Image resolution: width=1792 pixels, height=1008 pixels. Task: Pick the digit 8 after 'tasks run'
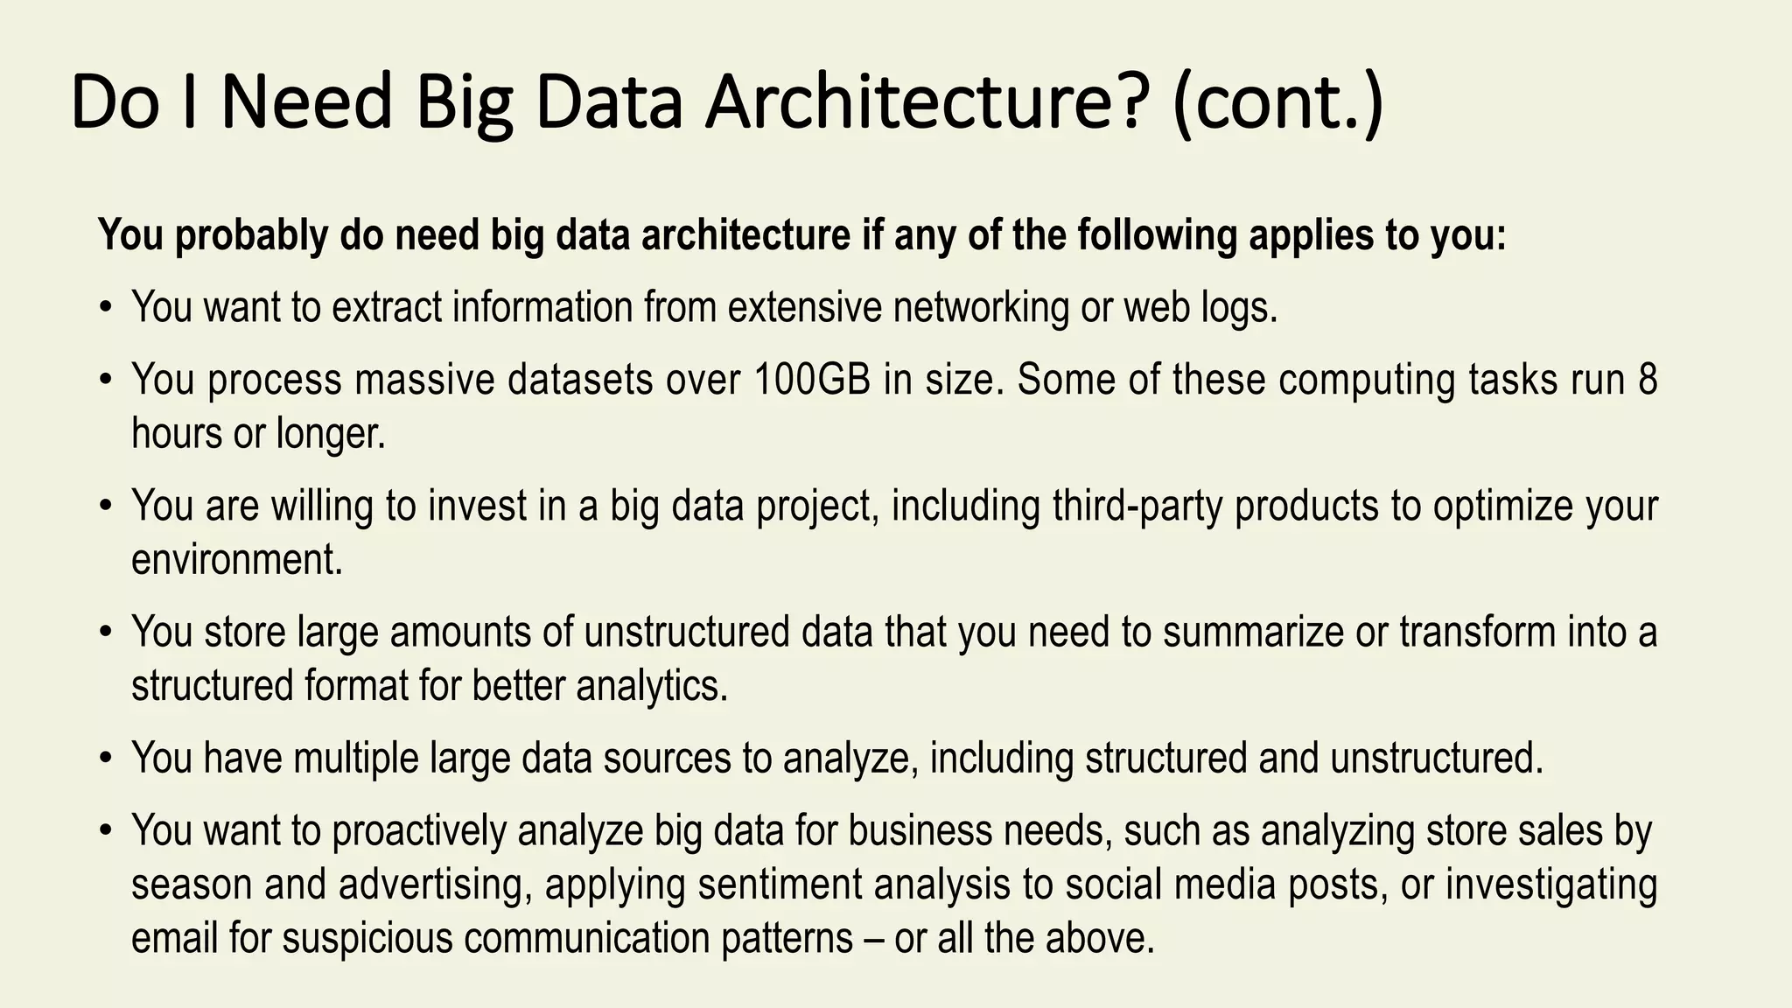pos(1647,380)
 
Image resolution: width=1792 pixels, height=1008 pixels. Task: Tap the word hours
pos(176,432)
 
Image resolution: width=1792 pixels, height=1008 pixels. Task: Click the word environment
pos(236,559)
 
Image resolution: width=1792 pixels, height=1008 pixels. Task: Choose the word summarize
pos(1253,632)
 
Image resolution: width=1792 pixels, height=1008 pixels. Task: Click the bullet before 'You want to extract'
pos(106,308)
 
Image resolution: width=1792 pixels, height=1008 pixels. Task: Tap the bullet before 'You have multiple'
pos(106,759)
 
